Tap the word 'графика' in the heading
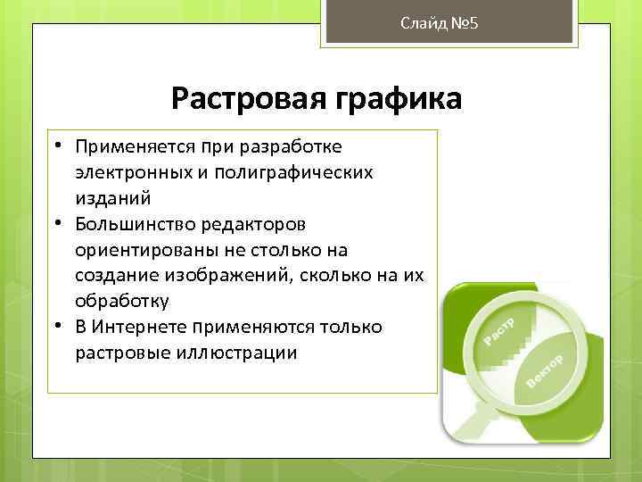(396, 98)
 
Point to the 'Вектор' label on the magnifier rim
(545, 370)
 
